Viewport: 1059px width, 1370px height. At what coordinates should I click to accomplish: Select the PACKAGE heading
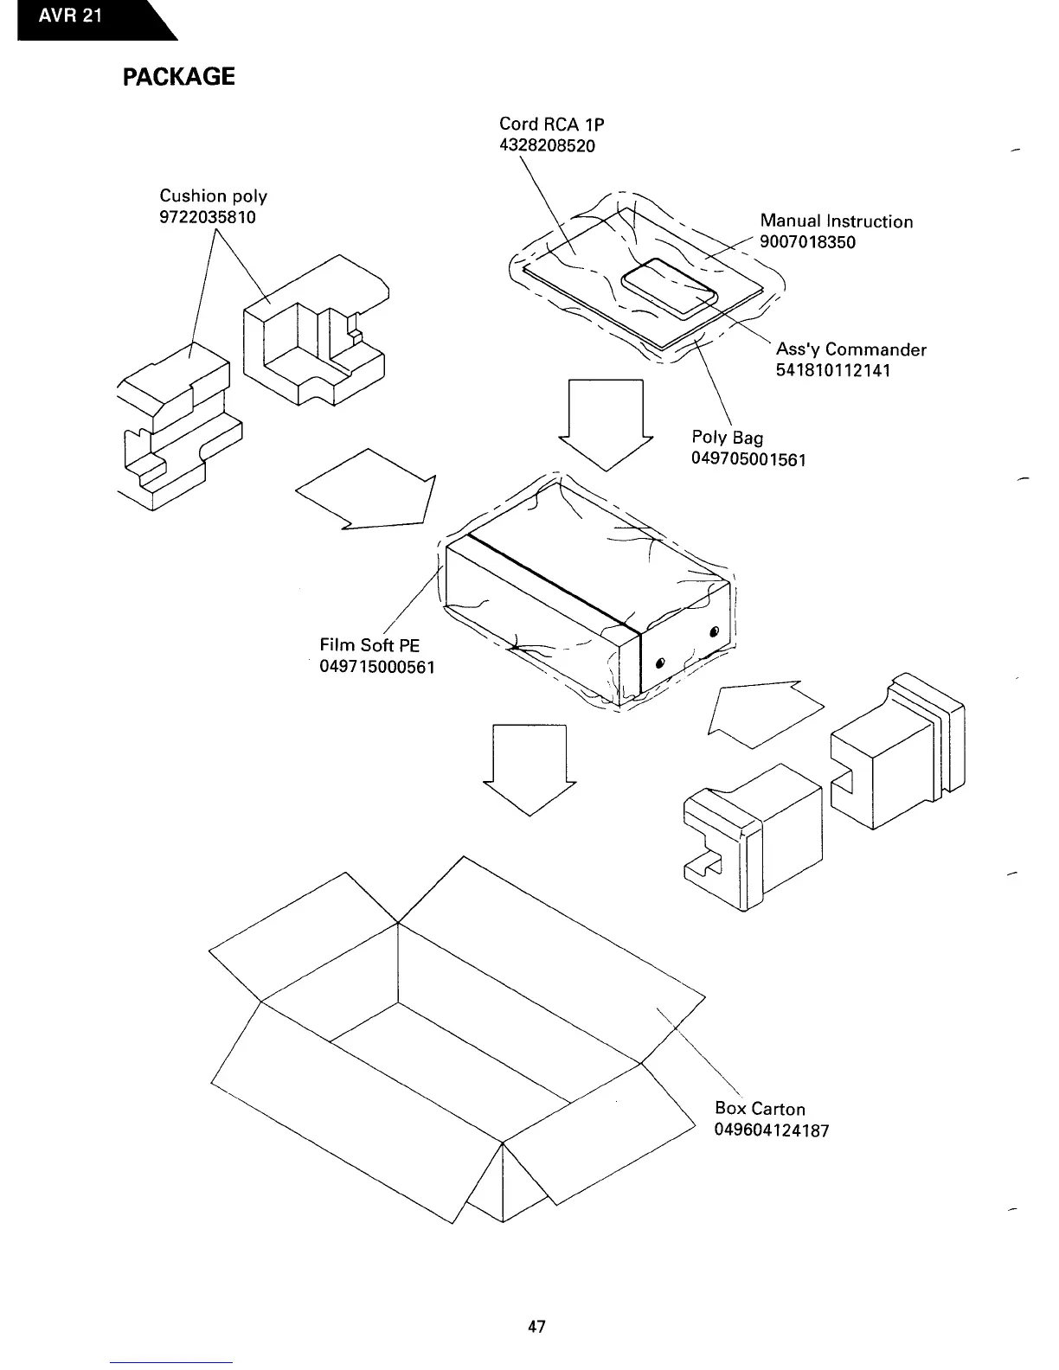[178, 77]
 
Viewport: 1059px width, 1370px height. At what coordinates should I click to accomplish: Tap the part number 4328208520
[547, 144]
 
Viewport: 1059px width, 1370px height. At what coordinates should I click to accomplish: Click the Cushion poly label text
[214, 196]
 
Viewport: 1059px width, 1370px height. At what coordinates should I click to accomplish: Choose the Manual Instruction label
[836, 221]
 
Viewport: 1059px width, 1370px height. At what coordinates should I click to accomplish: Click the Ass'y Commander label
[850, 349]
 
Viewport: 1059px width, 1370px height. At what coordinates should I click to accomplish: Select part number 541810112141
[833, 370]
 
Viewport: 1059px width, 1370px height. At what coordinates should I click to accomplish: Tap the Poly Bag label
[727, 438]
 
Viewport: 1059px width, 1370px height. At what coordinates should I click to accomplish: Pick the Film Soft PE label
[369, 645]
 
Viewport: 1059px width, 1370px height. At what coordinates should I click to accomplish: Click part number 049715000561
[377, 667]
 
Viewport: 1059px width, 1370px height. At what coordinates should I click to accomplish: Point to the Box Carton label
[760, 1109]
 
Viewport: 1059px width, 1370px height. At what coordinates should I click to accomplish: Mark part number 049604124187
[772, 1130]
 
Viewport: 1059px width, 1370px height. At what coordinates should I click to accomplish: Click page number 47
[536, 1326]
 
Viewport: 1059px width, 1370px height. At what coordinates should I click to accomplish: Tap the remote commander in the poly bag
[668, 289]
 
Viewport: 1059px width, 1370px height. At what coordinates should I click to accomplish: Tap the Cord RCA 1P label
[545, 124]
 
